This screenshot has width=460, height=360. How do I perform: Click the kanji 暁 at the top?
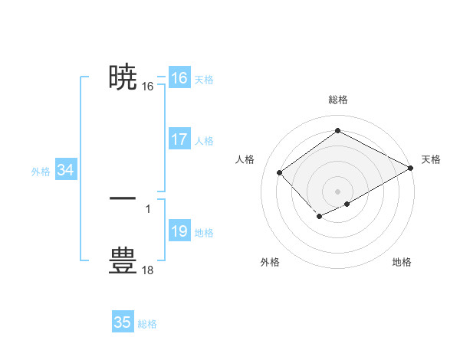[x=123, y=77]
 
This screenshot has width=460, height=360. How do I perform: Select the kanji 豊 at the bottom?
[x=123, y=260]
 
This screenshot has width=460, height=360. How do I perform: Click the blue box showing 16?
[x=179, y=78]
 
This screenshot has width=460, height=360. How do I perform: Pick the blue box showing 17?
[x=179, y=139]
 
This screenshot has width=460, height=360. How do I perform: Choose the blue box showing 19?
[x=179, y=231]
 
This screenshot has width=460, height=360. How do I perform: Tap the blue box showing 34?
[x=65, y=170]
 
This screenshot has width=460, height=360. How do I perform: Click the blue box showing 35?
[x=123, y=322]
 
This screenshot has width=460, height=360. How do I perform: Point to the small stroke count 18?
[x=148, y=270]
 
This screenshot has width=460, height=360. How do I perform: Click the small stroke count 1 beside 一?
[x=148, y=208]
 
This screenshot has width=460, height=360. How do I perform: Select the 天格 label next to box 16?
[x=204, y=80]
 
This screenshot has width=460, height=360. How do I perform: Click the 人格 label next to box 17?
[x=204, y=141]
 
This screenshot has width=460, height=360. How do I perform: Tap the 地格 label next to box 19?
[x=204, y=233]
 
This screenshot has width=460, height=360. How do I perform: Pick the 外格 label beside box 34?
[x=41, y=172]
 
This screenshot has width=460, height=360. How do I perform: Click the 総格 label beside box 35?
[x=147, y=324]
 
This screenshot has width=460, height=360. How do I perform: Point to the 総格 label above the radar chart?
[x=337, y=100]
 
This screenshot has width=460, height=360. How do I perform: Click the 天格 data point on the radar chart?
[x=412, y=169]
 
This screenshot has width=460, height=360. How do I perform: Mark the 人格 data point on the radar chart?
[x=280, y=173]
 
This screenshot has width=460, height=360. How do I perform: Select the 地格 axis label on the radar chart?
[x=402, y=262]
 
